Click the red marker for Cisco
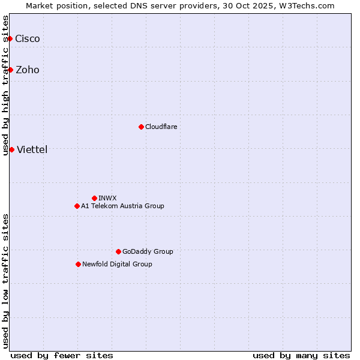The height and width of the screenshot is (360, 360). tap(10, 38)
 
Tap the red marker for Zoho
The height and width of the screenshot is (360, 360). tap(10, 70)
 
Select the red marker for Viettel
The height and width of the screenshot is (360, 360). tap(11, 149)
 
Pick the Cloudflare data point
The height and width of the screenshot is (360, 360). tap(141, 127)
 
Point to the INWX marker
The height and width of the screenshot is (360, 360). tap(94, 198)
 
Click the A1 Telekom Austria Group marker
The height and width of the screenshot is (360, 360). tap(77, 206)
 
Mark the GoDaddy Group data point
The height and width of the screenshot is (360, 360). tap(118, 251)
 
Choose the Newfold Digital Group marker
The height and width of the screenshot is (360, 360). tap(78, 264)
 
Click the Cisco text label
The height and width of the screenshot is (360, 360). tap(28, 38)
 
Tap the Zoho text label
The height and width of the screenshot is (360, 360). tap(28, 70)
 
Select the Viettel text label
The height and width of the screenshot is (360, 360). tap(32, 149)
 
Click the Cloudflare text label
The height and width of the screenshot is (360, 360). tap(161, 127)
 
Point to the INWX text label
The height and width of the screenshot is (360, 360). tap(107, 198)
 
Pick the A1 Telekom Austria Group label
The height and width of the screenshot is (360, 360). tap(122, 206)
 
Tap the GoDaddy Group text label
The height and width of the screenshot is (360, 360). tap(148, 251)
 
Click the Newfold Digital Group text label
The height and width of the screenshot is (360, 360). tap(117, 264)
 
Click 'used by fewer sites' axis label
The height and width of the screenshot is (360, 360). tap(62, 355)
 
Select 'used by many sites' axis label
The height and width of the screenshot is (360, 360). tap(301, 355)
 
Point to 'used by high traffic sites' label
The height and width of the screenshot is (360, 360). tap(5, 85)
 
